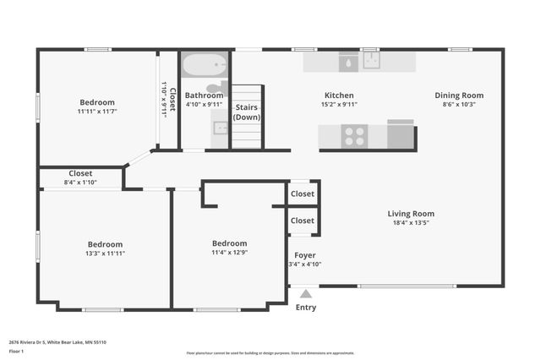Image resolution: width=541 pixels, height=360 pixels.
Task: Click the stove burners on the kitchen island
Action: [x=352, y=135]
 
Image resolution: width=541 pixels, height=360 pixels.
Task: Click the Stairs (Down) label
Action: [x=247, y=112]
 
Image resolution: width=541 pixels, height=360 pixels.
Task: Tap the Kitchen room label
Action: [x=339, y=95]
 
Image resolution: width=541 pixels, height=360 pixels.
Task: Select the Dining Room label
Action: [x=459, y=95]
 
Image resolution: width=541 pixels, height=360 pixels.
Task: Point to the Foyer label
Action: [x=305, y=254]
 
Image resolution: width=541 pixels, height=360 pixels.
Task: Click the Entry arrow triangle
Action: [x=306, y=294]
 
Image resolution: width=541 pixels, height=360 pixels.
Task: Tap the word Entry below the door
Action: [x=306, y=308]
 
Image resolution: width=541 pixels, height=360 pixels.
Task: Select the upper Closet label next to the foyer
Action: [x=303, y=194]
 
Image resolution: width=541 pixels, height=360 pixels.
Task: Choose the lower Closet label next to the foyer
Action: [x=303, y=221]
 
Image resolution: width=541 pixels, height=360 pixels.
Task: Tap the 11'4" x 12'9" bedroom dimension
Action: [x=229, y=252]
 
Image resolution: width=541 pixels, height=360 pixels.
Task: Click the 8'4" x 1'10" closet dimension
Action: [x=80, y=183]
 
